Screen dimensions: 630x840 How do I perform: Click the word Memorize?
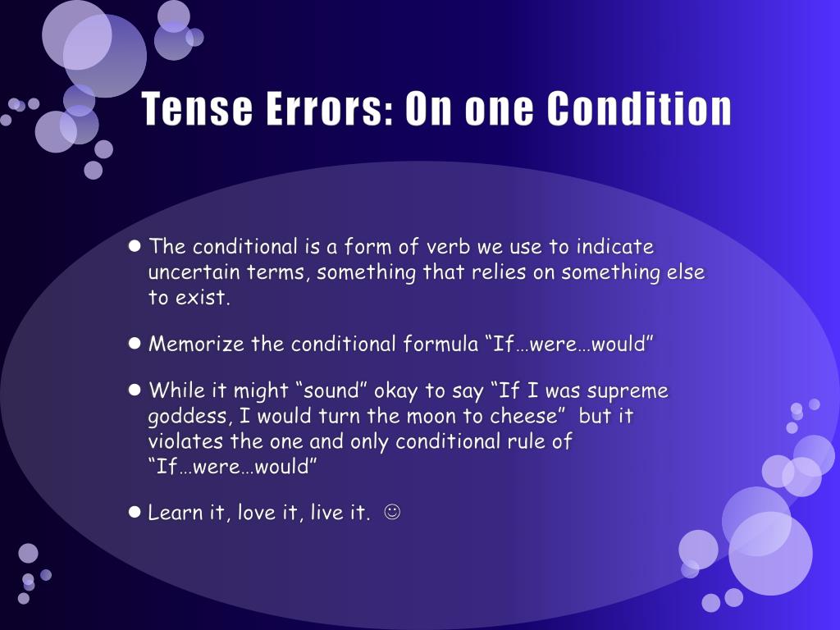click(x=197, y=344)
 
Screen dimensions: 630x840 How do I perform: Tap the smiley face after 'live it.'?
click(x=392, y=514)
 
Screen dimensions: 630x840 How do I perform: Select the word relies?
click(x=500, y=272)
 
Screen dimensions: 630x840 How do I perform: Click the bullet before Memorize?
click(x=136, y=343)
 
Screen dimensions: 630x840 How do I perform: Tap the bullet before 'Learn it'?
click(x=136, y=513)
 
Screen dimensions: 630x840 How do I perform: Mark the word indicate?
click(x=614, y=247)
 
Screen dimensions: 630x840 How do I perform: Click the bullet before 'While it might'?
click(x=136, y=390)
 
